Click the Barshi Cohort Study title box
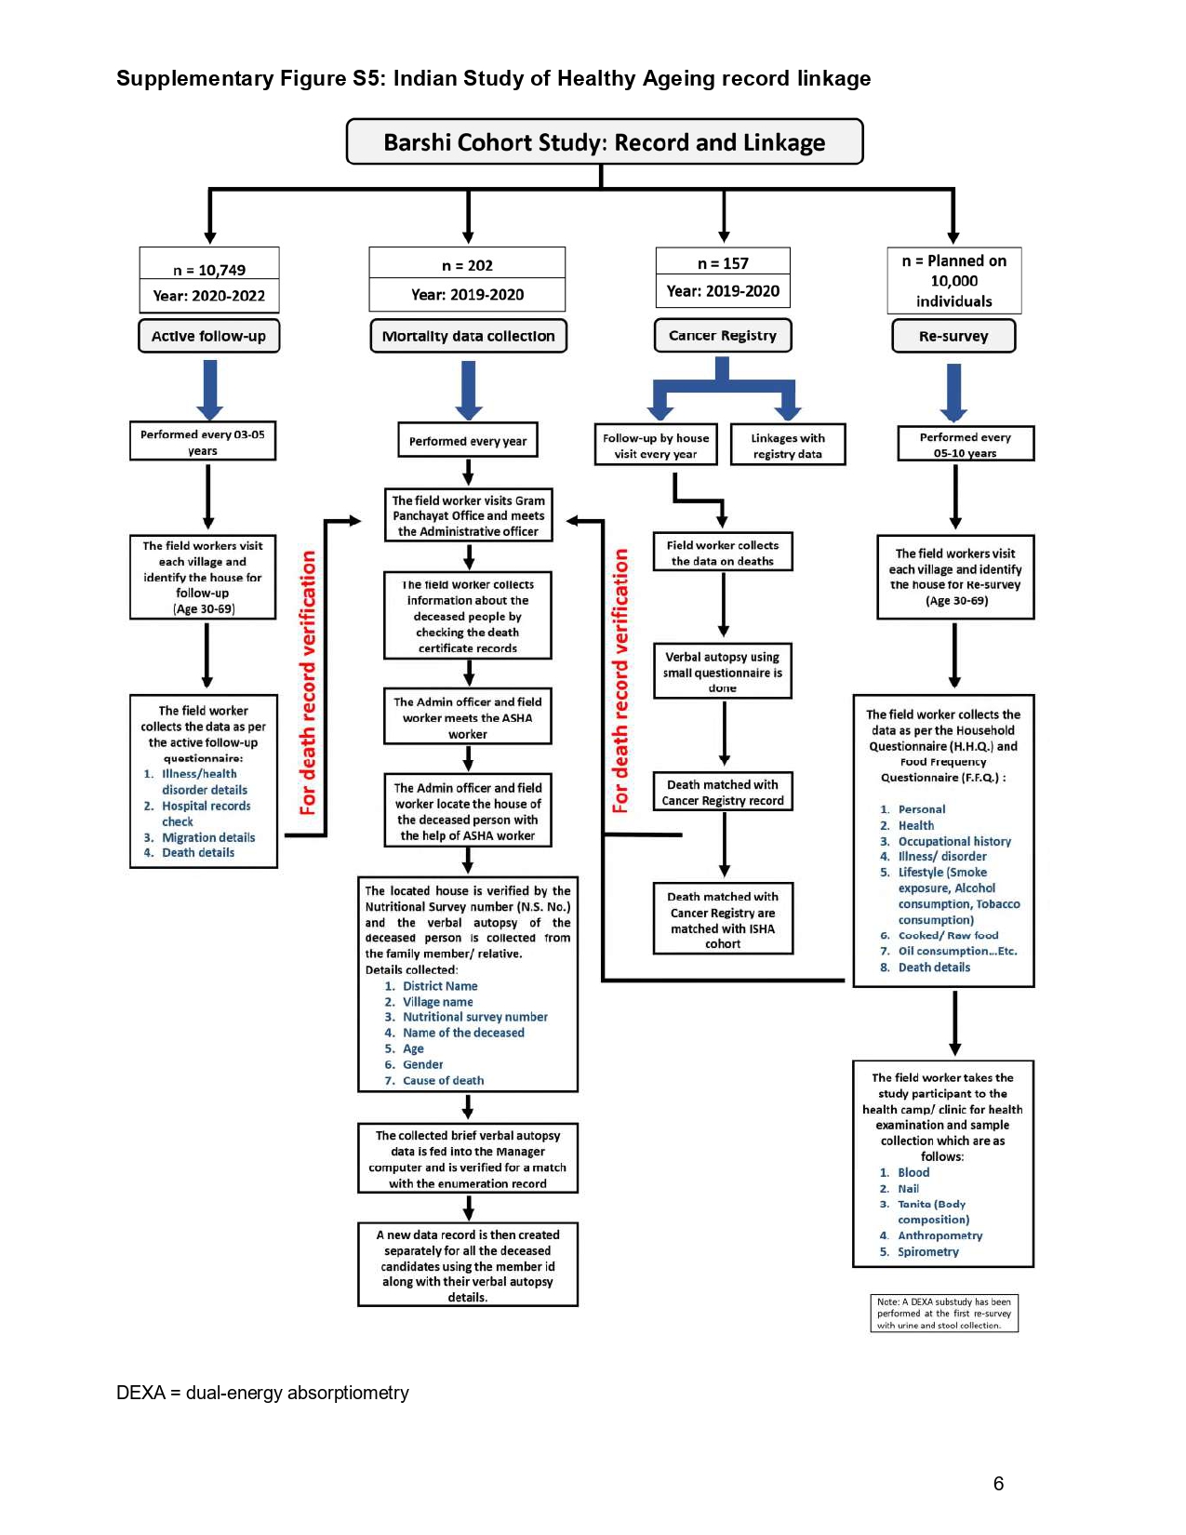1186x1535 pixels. (604, 141)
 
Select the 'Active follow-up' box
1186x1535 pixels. (208, 336)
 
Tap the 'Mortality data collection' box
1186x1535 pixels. (468, 336)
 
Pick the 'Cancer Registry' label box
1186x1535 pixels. (723, 335)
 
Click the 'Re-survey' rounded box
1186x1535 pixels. (953, 336)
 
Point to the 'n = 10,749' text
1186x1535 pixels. (209, 270)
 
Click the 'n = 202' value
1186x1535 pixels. (467, 266)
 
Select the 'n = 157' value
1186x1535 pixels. (723, 263)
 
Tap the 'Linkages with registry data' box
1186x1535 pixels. (788, 445)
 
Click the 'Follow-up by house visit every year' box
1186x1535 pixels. (656, 445)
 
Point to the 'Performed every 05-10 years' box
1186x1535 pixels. (966, 445)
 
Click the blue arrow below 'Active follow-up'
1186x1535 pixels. (210, 390)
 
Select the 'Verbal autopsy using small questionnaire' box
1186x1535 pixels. (723, 671)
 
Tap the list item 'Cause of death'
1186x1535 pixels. (443, 1080)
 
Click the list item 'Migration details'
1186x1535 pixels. (208, 837)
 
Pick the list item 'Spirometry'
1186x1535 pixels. (928, 1252)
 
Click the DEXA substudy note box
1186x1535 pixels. (944, 1314)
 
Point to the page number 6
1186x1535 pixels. (998, 1484)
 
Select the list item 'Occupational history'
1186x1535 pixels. (954, 841)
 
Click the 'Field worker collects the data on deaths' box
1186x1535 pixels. (723, 552)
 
